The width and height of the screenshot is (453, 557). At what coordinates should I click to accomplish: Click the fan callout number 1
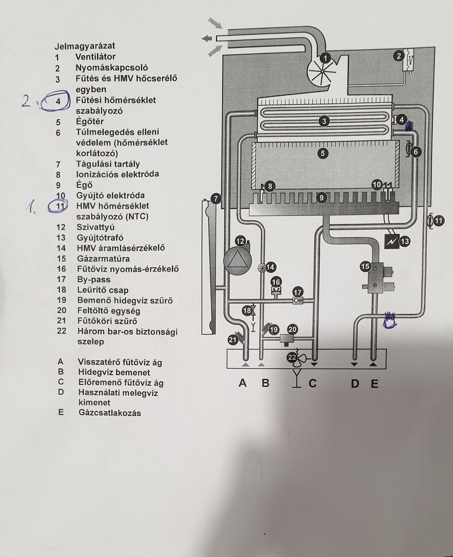pos(325,58)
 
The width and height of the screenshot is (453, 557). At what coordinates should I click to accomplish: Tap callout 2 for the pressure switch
pos(399,56)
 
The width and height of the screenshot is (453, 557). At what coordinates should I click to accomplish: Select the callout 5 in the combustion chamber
pos(323,153)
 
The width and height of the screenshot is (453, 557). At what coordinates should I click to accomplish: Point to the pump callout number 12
pos(240,241)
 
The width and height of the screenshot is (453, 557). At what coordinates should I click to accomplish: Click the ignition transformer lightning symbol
pos(391,241)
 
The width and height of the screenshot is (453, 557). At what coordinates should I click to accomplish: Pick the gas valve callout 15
pos(365,266)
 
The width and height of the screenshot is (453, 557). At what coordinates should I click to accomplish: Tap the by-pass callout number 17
pos(298,292)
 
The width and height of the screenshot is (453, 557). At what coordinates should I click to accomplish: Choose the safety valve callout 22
pos(292,358)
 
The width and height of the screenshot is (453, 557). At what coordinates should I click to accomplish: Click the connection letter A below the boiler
pos(243,383)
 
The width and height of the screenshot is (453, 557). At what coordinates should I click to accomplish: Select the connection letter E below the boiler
pos(374,384)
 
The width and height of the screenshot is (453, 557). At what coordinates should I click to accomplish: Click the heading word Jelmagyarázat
pos(85,46)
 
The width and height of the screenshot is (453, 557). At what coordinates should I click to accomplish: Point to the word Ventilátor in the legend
pos(95,57)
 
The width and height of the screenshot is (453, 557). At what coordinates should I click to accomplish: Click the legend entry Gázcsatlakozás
pos(110,413)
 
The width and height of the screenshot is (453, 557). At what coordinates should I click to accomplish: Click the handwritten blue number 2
pos(26,102)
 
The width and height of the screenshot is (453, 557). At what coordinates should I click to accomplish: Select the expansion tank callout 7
pos(216,199)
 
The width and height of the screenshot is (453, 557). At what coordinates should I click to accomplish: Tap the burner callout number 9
pos(321,198)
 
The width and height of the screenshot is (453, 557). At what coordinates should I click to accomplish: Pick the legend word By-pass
pos(94,280)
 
